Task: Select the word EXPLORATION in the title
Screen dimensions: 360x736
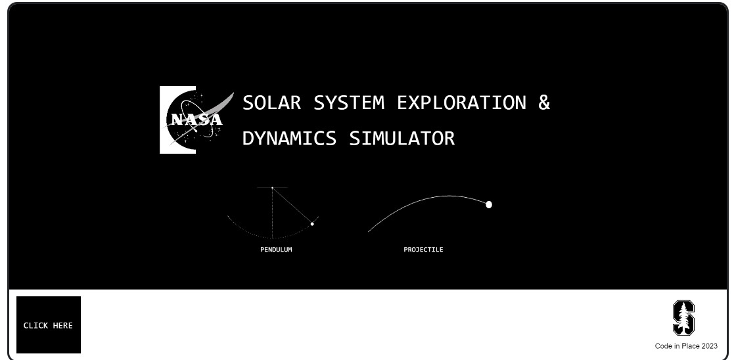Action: pos(461,103)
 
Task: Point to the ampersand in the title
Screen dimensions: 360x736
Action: pos(544,103)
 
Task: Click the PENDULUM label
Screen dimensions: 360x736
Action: pos(276,250)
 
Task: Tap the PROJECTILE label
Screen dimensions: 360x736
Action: pos(423,250)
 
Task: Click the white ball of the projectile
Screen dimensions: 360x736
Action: pos(489,204)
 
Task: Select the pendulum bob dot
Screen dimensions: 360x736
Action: pos(312,224)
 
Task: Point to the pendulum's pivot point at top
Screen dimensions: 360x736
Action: pos(272,188)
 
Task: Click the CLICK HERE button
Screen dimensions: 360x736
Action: pos(49,325)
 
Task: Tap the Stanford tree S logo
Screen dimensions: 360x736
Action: pos(683,319)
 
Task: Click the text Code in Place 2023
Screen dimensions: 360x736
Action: pos(686,346)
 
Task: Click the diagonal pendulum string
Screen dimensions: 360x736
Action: pos(292,206)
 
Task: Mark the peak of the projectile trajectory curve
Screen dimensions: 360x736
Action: pos(449,196)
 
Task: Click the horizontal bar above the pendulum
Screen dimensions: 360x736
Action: pos(272,187)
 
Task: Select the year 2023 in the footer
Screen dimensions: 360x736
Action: pos(709,346)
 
